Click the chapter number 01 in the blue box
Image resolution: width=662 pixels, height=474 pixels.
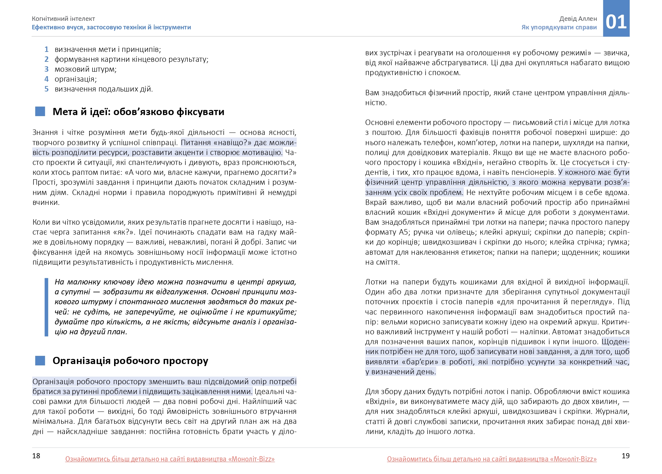616,22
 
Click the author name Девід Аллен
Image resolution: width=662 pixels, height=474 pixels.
578,19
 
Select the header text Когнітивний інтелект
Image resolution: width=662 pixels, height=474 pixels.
63,19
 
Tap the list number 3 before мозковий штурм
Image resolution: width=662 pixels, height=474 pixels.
46,69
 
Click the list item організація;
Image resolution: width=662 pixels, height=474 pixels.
75,79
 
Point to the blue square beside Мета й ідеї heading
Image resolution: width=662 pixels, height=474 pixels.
40,112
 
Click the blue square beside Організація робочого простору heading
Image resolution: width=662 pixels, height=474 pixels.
40,361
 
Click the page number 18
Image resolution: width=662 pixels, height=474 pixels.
36,456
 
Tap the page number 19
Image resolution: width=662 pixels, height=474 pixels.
625,456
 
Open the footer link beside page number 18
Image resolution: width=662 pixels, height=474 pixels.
170,459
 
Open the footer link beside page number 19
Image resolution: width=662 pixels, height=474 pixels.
492,459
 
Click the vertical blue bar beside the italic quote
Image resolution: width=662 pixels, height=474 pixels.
46,307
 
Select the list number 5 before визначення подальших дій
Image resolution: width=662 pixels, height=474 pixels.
46,89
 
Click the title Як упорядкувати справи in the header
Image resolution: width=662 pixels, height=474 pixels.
559,27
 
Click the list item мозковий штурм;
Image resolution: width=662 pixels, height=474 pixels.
85,69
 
